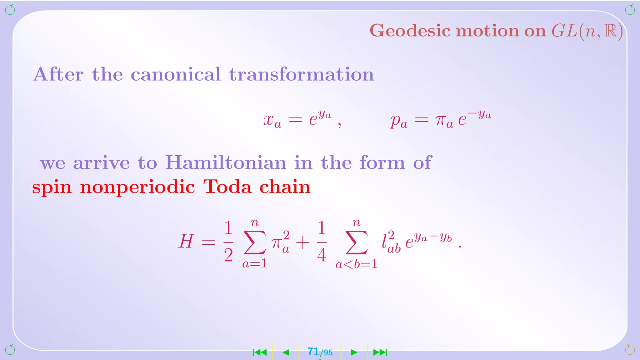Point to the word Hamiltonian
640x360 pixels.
(226, 162)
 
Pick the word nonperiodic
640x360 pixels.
(137, 187)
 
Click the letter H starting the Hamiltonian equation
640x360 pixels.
(186, 242)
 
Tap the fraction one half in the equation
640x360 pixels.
(228, 242)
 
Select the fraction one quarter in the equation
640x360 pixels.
(322, 242)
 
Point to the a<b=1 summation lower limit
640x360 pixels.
(356, 264)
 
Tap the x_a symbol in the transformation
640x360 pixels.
(272, 121)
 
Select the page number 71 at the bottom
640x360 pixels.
(313, 352)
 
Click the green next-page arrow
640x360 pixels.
(354, 352)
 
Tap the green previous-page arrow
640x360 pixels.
(286, 352)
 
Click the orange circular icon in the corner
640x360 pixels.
(630, 350)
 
